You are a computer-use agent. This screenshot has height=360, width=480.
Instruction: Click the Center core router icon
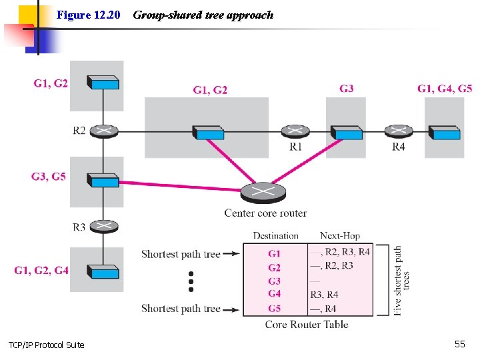point(265,193)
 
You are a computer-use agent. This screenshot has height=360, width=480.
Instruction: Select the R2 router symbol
point(103,131)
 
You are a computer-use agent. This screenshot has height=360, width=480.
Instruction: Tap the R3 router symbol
point(103,227)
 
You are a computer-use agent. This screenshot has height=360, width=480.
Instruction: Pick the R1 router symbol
point(294,131)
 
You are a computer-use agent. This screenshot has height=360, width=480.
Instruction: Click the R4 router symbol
point(398,131)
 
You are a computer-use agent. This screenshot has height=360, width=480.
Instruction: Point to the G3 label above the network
point(347,89)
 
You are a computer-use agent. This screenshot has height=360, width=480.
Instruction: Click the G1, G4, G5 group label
point(445,89)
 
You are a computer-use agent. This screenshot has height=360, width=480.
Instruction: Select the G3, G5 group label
point(49,177)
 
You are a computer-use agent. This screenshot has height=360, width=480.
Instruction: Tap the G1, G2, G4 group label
point(41,270)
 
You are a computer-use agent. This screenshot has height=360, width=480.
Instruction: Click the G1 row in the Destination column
point(275,253)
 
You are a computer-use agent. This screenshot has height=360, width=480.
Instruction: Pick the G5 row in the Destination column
point(275,308)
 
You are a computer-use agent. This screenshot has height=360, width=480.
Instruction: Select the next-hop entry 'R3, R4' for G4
point(324,294)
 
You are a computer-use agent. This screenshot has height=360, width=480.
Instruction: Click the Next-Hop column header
point(340,235)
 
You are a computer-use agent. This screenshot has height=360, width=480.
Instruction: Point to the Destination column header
point(275,235)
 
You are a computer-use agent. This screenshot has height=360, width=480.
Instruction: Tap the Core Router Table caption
point(307,325)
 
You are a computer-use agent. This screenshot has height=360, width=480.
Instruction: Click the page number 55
point(459,343)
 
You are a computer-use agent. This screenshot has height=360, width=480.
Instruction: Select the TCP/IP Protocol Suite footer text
point(46,345)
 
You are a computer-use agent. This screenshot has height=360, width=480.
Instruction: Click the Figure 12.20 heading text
point(88,15)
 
